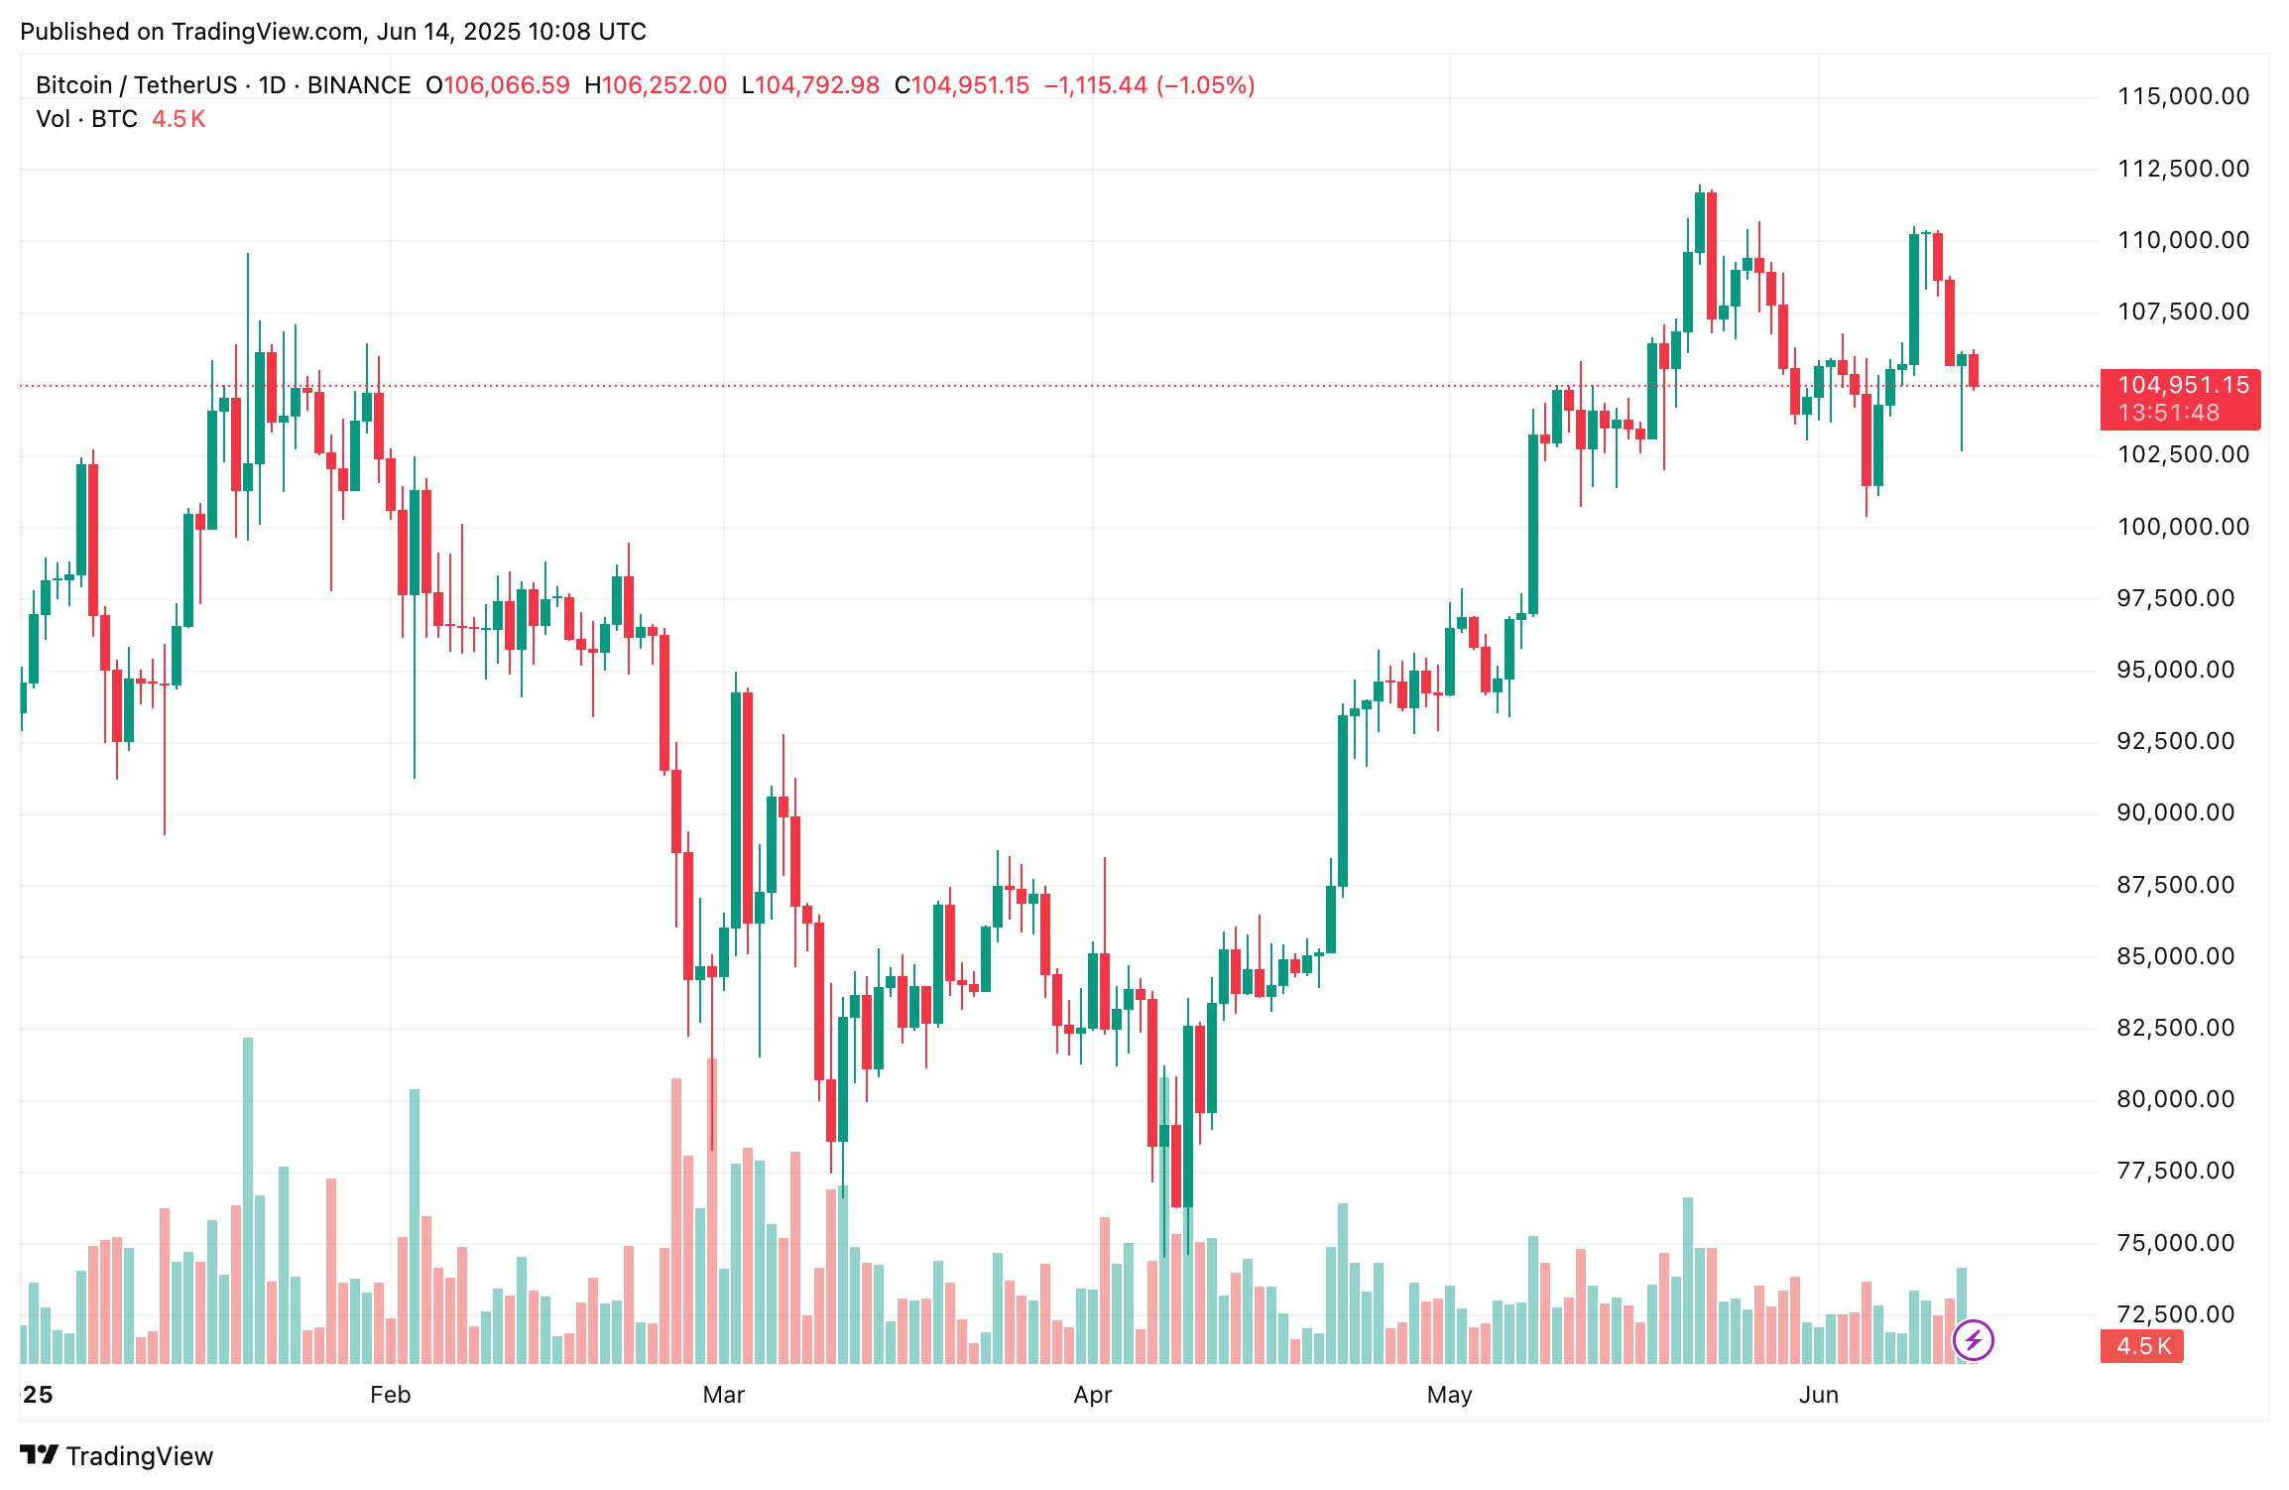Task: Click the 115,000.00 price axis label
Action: pyautogui.click(x=2183, y=96)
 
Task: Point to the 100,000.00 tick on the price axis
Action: pyautogui.click(x=2183, y=527)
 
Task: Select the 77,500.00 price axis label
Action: pyautogui.click(x=2175, y=1171)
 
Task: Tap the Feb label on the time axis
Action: pyautogui.click(x=390, y=1395)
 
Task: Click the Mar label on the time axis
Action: pyautogui.click(x=723, y=1395)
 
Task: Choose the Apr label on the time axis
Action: pyautogui.click(x=1092, y=1395)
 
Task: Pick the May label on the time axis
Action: pyautogui.click(x=1449, y=1395)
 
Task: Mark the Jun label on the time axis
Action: pyautogui.click(x=1818, y=1395)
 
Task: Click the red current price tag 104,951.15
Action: pyautogui.click(x=2183, y=385)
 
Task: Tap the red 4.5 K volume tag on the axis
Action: pyautogui.click(x=2142, y=1346)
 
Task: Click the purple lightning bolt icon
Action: pyautogui.click(x=1973, y=1341)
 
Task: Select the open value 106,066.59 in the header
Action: pyautogui.click(x=506, y=85)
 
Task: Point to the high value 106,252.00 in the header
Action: pyautogui.click(x=663, y=85)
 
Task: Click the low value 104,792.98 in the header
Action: pyautogui.click(x=817, y=85)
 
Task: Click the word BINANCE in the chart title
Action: pyautogui.click(x=359, y=85)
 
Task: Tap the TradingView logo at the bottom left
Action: pyautogui.click(x=117, y=1455)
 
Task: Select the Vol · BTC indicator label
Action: pyautogui.click(x=86, y=119)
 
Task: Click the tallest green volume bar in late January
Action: pyautogui.click(x=248, y=1200)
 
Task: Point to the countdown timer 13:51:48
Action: pyautogui.click(x=2169, y=413)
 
